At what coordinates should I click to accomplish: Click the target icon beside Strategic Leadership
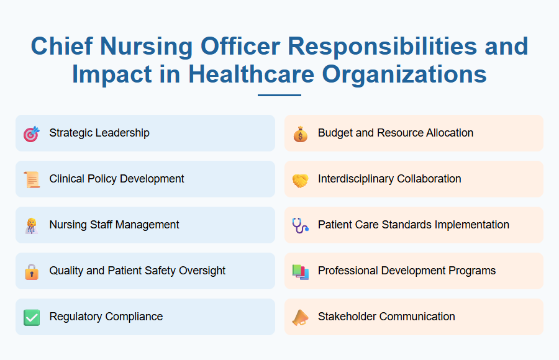pos(32,133)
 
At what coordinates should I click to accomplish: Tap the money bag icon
pos(300,133)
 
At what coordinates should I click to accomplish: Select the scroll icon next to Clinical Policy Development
pos(32,179)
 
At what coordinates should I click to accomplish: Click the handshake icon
pos(300,179)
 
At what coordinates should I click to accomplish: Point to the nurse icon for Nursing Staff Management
pos(32,225)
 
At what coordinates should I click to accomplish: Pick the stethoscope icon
pos(300,225)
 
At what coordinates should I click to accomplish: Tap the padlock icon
pos(32,271)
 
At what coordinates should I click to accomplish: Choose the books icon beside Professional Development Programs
pos(300,271)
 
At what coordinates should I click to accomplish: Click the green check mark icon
pos(32,317)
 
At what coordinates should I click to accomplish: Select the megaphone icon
pos(300,317)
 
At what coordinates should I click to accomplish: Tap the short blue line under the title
pos(279,96)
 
